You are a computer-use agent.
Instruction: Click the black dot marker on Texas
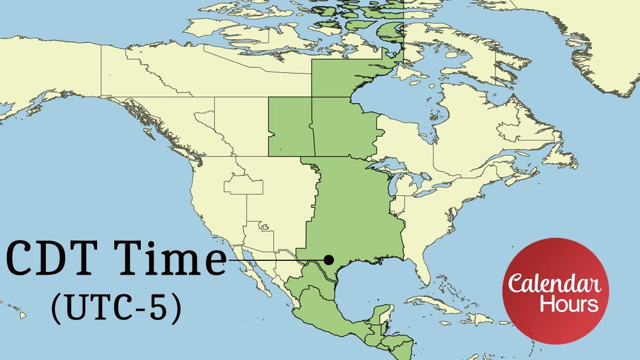(x=329, y=260)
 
